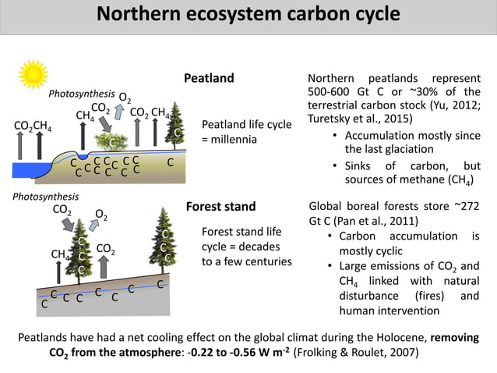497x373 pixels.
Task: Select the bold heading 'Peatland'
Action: [208, 79]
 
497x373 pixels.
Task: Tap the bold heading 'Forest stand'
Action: [220, 207]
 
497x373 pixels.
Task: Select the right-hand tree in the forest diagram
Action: [164, 242]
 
